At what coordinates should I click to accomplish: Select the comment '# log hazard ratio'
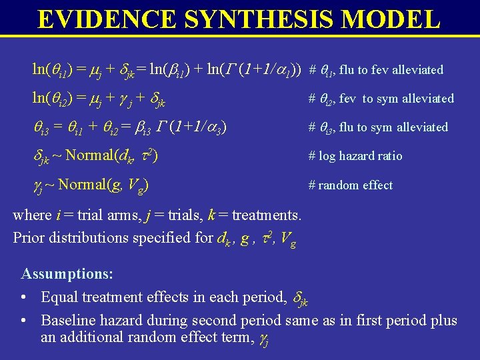tap(355, 156)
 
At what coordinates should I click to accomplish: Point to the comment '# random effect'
tap(351, 185)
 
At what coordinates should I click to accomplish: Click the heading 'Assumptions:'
tap(67, 274)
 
